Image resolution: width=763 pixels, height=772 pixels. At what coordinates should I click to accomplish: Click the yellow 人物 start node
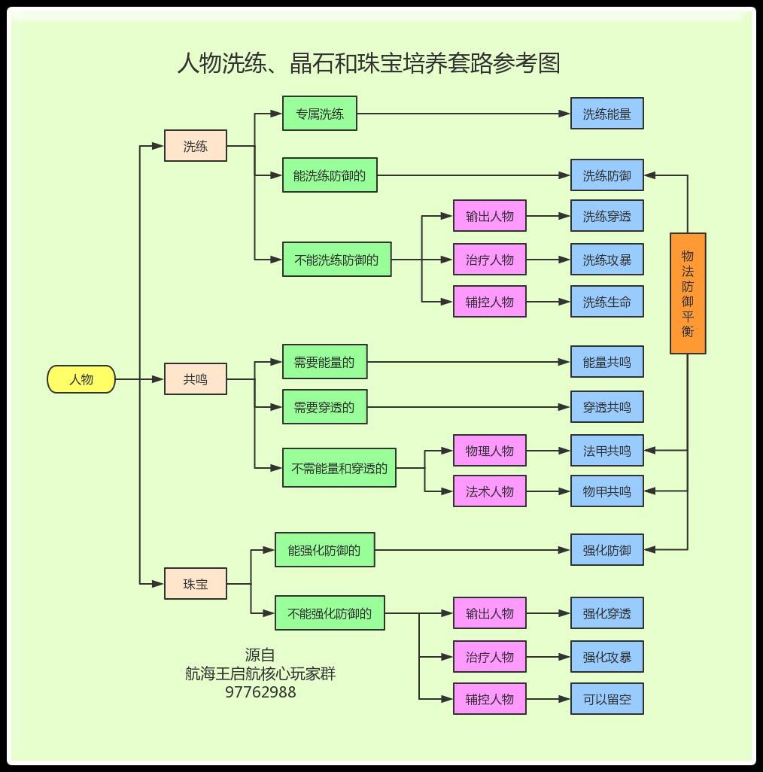81,379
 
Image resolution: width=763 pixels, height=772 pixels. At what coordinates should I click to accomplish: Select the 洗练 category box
196,146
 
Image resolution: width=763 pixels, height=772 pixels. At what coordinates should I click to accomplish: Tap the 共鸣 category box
196,379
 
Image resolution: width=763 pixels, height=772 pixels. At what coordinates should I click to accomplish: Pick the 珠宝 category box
196,583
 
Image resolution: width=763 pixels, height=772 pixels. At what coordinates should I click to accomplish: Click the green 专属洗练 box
320,114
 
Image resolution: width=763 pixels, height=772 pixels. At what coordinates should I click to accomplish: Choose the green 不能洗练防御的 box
336,260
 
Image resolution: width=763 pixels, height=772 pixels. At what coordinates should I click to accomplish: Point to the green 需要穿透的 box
324,407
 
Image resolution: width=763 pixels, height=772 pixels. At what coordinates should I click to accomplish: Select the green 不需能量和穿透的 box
339,468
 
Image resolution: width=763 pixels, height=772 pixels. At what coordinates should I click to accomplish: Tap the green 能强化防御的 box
324,550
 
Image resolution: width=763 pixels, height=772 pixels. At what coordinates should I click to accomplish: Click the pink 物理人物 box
490,451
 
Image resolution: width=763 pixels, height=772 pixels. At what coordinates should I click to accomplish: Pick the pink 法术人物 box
490,491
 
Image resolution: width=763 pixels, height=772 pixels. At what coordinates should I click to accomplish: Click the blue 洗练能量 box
606,114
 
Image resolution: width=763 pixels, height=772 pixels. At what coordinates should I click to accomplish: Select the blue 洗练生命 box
606,302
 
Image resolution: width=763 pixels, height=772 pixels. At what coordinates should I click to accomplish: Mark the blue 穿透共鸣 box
606,407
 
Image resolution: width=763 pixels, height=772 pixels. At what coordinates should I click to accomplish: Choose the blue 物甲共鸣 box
606,491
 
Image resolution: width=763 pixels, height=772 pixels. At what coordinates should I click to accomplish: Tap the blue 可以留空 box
606,699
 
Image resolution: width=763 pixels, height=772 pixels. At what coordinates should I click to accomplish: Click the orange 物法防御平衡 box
688,293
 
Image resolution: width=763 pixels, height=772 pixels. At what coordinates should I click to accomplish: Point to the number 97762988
260,691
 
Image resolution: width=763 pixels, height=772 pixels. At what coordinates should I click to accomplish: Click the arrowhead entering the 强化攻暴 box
565,657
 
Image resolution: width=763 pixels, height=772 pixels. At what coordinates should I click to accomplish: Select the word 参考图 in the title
527,62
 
